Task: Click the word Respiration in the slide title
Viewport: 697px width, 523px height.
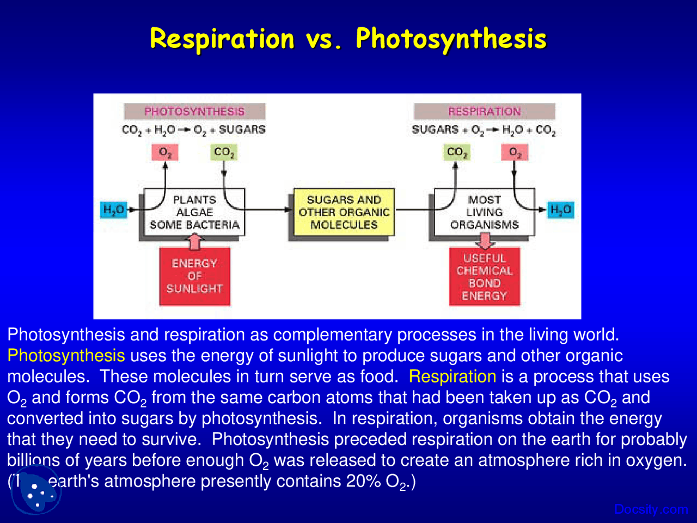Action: pos(222,39)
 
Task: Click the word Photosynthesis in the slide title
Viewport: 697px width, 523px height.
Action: pos(451,39)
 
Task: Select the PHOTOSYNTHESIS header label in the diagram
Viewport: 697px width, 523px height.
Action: pos(194,112)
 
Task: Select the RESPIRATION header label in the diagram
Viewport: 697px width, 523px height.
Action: pos(484,112)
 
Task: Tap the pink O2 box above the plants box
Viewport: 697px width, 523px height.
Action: pos(165,153)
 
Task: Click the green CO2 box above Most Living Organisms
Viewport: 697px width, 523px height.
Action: pos(457,153)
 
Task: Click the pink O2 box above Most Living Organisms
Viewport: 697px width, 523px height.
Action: pos(515,153)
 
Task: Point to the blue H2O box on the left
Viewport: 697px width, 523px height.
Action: pos(114,210)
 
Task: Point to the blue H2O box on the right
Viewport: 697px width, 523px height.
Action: pos(560,210)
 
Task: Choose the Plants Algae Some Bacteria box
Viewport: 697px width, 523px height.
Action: pos(194,212)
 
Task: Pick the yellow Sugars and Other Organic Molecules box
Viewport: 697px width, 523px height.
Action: pos(344,212)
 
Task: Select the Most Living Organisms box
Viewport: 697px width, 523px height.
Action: pos(484,212)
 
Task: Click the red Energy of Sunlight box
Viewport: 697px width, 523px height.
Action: pos(194,276)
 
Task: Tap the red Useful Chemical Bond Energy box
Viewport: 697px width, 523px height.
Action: pos(484,277)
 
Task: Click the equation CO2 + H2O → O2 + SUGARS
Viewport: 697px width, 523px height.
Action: pos(193,130)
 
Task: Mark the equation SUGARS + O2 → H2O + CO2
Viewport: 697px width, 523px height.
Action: pos(484,130)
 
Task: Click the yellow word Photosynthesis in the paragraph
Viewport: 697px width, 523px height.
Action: pos(66,356)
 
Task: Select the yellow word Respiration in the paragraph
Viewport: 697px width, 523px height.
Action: pos(452,376)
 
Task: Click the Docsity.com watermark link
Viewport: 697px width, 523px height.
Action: pos(651,509)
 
